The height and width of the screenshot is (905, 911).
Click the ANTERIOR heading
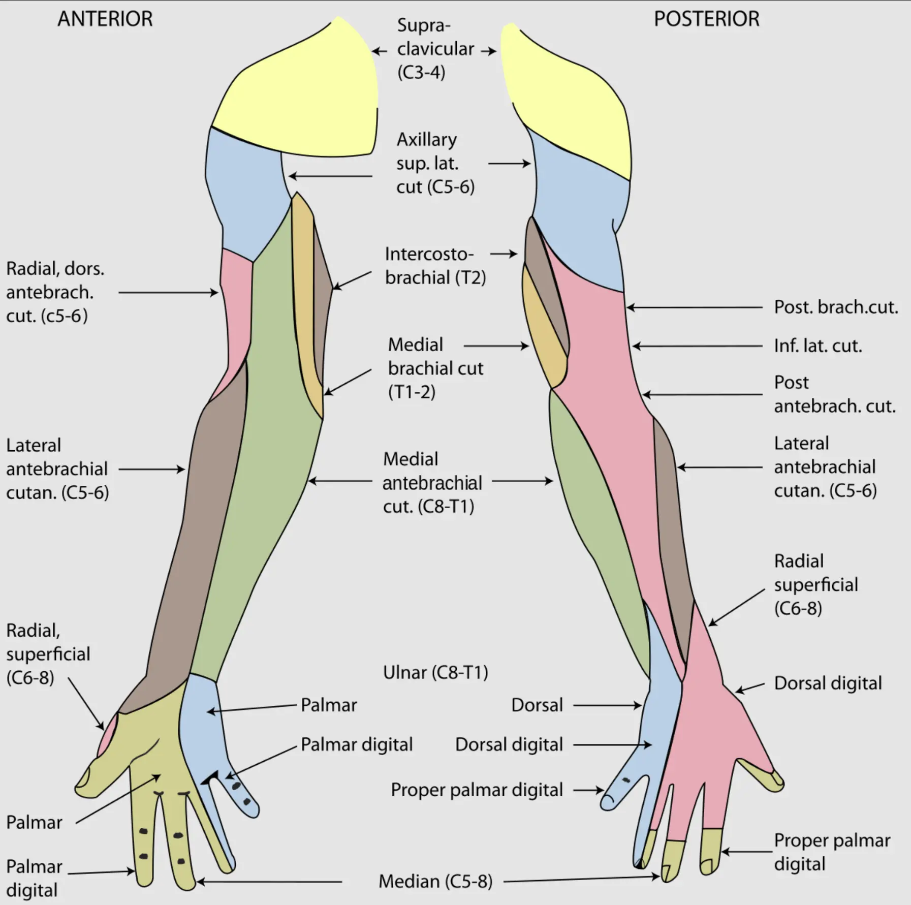coord(105,19)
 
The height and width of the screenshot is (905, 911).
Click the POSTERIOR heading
coord(706,19)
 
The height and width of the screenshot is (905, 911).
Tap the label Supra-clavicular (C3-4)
coord(435,49)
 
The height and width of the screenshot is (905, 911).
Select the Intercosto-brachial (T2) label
coord(435,266)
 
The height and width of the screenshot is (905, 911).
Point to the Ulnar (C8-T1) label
coord(435,672)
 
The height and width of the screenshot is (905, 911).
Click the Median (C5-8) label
coord(435,881)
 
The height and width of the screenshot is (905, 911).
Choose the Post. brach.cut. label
coord(836,307)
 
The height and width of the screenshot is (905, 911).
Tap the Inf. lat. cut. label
coord(818,346)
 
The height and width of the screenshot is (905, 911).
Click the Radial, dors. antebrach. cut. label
coord(55,292)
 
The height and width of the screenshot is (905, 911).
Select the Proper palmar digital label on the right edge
coord(831,852)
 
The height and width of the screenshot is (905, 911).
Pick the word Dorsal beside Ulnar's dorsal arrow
coord(537,705)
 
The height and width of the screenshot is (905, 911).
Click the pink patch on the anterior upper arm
coord(237,305)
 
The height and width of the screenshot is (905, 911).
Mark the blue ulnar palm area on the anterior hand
coord(201,722)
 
